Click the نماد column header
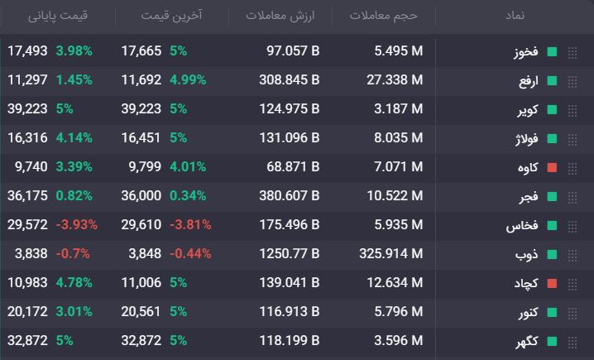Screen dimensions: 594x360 tap(515, 16)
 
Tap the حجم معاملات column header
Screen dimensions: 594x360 tap(383, 16)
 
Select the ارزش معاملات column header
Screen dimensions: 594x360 tap(280, 16)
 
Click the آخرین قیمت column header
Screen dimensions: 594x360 tap(171, 16)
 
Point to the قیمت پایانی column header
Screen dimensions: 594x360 tap(58, 16)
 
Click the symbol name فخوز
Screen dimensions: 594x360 tap(526, 51)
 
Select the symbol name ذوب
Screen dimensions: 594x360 tap(526, 255)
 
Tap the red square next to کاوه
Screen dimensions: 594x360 tap(553, 168)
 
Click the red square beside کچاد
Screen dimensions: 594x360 tap(553, 284)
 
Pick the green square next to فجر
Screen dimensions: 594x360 tap(553, 197)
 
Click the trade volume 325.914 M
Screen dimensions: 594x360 tap(391, 253)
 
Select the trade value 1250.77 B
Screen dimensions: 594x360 tap(290, 253)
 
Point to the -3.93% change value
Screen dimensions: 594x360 tap(77, 225)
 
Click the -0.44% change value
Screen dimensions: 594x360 tap(190, 253)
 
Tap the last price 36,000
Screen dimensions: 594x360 tap(141, 195)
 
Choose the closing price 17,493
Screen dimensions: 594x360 tap(27, 50)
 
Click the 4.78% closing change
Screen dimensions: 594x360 tap(74, 283)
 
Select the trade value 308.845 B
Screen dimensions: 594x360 tap(290, 80)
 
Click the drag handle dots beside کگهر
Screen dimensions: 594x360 tap(572, 342)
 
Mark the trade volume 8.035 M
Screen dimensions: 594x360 tap(399, 138)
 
